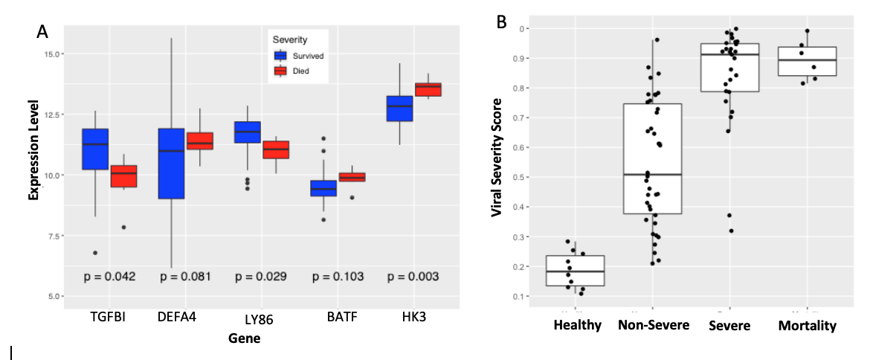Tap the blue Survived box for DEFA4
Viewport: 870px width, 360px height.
coord(172,164)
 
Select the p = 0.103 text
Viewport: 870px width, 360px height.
coord(338,277)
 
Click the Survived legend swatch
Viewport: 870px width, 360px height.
coord(280,55)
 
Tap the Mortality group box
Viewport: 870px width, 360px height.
coord(807,61)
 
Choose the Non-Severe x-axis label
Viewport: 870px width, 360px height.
coord(652,326)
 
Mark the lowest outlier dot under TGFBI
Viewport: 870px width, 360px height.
coord(96,253)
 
